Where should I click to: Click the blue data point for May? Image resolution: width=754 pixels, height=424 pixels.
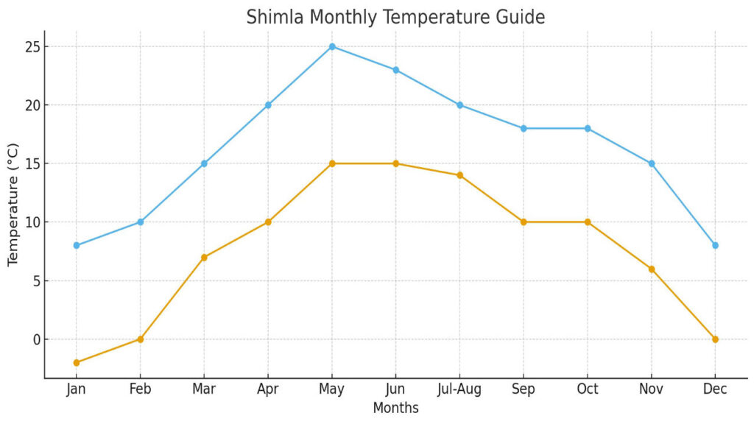(x=332, y=46)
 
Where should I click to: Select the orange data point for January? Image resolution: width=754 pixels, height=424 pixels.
(x=77, y=362)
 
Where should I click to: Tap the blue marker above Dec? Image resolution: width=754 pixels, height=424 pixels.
(x=715, y=245)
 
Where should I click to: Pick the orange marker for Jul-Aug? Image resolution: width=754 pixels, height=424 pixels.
(x=459, y=175)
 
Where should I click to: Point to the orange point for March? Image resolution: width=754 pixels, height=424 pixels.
(x=204, y=257)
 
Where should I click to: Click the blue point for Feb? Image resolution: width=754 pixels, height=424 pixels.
(x=140, y=222)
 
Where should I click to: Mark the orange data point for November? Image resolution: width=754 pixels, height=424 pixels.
(x=651, y=269)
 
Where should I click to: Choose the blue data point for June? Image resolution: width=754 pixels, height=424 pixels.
(x=395, y=70)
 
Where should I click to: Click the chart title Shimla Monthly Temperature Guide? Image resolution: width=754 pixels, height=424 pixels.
(x=395, y=17)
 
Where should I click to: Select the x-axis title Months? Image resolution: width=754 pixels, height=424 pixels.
(x=395, y=408)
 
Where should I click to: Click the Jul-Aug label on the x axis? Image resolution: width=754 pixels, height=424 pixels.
(x=459, y=389)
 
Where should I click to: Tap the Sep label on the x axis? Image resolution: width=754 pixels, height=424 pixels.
(x=524, y=389)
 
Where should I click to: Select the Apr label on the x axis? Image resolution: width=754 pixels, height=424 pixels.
(x=268, y=389)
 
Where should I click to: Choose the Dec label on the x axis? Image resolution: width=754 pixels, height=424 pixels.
(x=715, y=389)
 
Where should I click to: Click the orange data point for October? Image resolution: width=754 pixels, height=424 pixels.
(x=588, y=222)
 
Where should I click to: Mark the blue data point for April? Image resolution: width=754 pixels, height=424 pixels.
(x=268, y=105)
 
